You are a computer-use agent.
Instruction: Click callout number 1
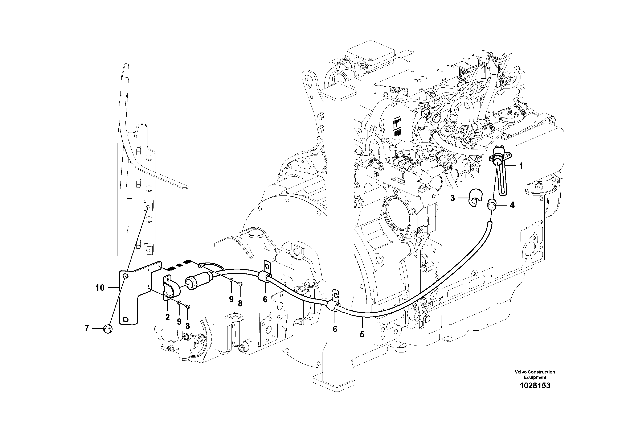[521, 166]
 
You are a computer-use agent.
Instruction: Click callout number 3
[453, 198]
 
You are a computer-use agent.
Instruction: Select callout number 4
[512, 205]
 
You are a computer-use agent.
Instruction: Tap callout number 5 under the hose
[362, 334]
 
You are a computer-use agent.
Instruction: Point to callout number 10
[100, 288]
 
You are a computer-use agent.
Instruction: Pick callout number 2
[167, 317]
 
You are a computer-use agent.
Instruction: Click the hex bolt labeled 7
[108, 330]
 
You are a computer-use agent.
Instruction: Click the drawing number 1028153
[535, 386]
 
